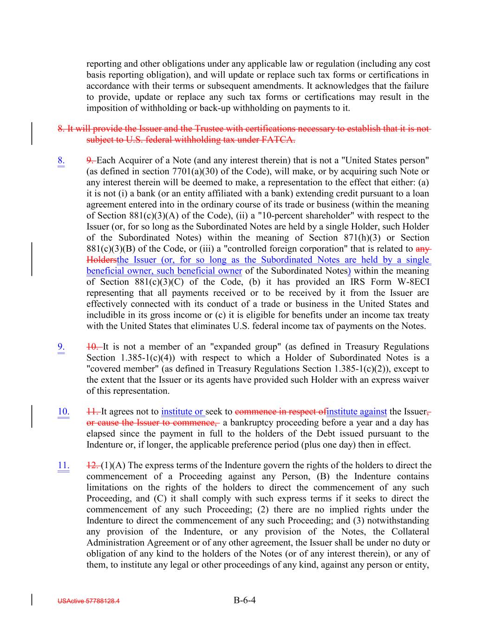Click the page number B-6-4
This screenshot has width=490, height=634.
tap(245, 600)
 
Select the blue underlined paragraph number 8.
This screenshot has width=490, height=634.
tap(61, 161)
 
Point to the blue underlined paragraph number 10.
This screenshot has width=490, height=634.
tap(63, 412)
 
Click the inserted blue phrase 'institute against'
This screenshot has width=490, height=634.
tap(357, 412)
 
